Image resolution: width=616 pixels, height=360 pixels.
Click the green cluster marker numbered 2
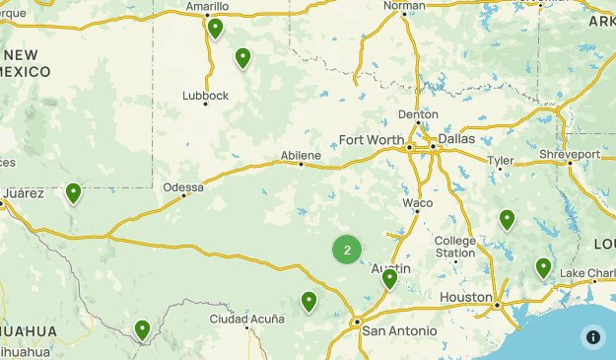[347, 250]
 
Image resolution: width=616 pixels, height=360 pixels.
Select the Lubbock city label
[205, 96]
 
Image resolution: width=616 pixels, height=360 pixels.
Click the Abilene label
[300, 155]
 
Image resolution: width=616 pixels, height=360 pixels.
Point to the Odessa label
[183, 186]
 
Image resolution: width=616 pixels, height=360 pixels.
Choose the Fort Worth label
[371, 139]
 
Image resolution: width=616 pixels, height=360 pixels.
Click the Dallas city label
[456, 139]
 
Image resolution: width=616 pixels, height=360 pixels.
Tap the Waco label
[417, 203]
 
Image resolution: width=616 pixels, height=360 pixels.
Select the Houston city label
[466, 297]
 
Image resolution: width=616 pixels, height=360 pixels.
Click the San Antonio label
[394, 330]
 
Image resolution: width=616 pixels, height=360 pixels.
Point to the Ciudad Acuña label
[246, 320]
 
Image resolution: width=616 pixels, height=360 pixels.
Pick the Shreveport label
[570, 155]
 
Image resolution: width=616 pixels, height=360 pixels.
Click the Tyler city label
[500, 160]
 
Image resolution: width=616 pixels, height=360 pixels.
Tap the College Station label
[455, 247]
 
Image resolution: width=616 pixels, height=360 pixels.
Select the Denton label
[418, 114]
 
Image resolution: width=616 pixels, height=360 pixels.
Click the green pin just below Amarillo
[215, 28]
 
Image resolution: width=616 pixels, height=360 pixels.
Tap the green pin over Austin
[389, 278]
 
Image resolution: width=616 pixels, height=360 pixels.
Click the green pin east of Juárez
[73, 192]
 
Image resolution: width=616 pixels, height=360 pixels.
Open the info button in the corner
[593, 336]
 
